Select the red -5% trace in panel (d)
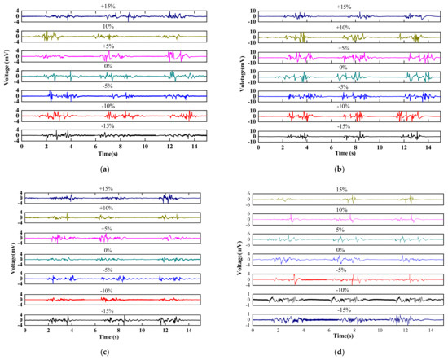pos(342,279)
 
